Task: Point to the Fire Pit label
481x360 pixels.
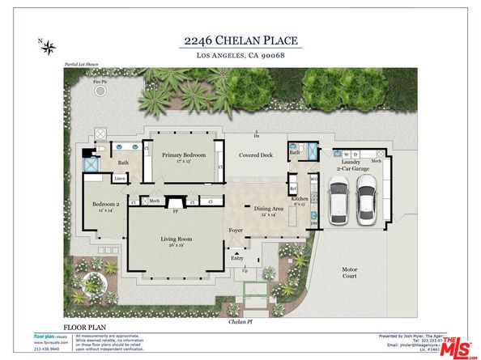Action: [98, 81]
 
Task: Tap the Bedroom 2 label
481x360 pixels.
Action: [104, 206]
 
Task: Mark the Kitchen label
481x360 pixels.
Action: [298, 199]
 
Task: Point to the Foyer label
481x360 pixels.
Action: [235, 230]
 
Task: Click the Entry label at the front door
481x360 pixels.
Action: [236, 258]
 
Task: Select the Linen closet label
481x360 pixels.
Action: [119, 179]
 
